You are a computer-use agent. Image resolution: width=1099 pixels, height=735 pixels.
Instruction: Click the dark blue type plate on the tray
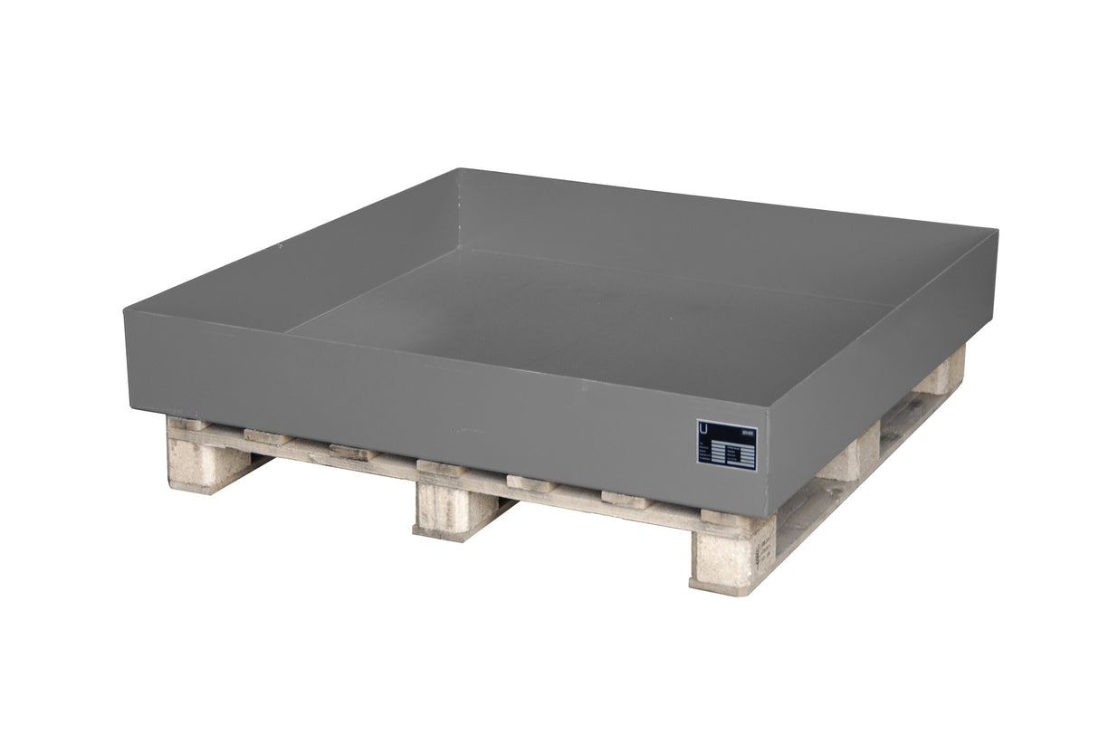pos(726,444)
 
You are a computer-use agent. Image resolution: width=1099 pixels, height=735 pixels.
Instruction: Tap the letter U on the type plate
pos(704,428)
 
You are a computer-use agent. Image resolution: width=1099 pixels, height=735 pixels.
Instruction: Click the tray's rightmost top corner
pos(996,232)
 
